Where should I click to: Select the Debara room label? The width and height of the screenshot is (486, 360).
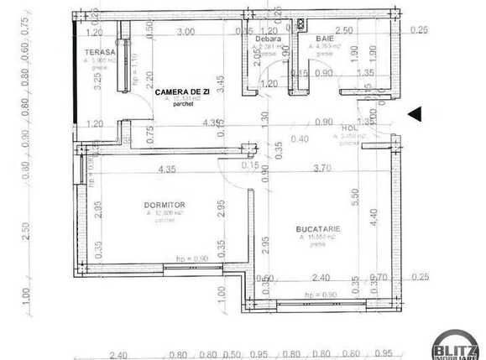click(x=269, y=39)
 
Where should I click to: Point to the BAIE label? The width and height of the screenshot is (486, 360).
click(x=324, y=39)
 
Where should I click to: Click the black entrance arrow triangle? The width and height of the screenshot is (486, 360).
click(x=415, y=114)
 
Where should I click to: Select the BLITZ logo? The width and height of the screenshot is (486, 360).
click(x=456, y=347)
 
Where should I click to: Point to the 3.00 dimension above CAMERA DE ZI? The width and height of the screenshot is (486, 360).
click(x=186, y=31)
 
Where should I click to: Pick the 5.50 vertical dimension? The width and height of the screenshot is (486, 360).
click(x=356, y=198)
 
